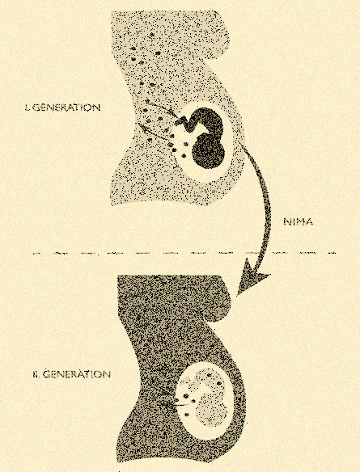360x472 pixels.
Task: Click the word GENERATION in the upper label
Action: coord(66,107)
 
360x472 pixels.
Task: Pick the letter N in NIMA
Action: coord(286,222)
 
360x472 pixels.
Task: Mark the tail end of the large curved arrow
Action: coord(242,146)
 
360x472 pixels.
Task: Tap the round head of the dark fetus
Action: coord(209,153)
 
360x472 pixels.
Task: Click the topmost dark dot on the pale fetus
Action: coord(210,375)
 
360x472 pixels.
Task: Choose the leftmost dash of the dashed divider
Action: coord(36,254)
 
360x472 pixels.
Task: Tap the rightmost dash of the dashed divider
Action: coord(332,254)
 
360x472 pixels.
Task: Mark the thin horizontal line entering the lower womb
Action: coord(177,406)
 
